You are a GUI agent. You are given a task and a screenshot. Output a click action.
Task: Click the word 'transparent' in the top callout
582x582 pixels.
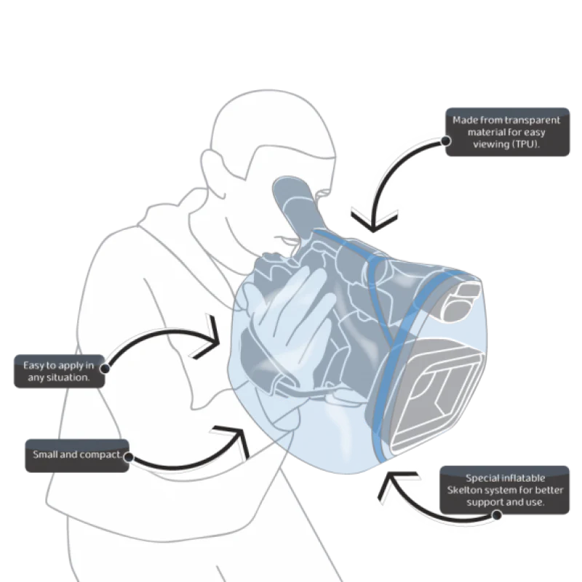click(533, 120)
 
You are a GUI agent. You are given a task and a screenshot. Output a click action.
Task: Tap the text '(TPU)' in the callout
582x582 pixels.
click(525, 144)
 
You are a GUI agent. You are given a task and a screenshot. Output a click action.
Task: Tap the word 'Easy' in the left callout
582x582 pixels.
click(33, 366)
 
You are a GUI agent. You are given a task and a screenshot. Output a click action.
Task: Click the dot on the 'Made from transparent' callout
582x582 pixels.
click(446, 141)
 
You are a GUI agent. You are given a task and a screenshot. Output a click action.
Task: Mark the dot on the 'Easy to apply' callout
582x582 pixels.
click(105, 369)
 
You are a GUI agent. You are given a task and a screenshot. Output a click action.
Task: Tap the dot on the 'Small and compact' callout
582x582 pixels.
click(129, 457)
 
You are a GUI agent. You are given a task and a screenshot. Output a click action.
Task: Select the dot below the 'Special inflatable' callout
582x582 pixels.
click(497, 515)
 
